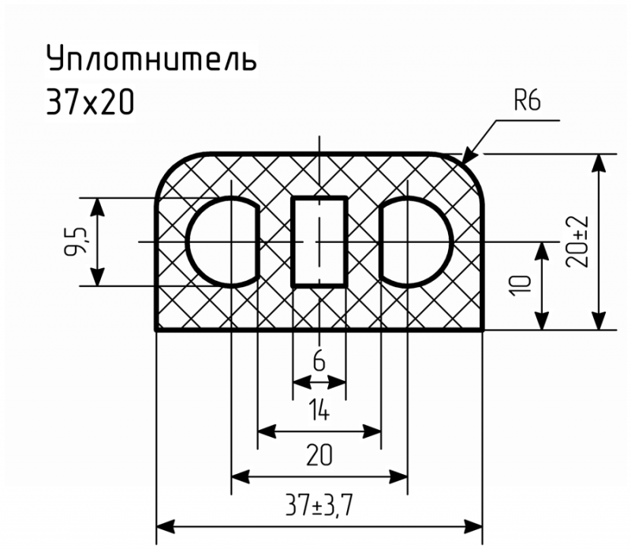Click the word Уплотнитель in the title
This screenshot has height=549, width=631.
point(151,58)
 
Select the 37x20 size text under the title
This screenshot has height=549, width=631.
point(90,103)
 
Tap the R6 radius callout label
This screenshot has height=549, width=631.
point(527,101)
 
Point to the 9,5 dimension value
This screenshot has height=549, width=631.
point(75,241)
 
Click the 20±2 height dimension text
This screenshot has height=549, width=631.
point(577,242)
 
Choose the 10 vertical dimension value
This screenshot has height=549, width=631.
point(521,286)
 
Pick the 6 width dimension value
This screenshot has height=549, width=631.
point(319,360)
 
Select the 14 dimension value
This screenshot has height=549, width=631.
point(320,411)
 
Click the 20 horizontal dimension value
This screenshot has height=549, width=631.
point(319,455)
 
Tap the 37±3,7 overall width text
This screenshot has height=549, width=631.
point(319,505)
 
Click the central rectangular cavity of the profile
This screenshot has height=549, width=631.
point(319,241)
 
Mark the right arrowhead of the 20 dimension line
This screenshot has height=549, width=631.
point(398,477)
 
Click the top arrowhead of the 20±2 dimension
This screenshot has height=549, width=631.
point(599,163)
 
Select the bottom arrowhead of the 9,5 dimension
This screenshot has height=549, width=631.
point(97,276)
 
